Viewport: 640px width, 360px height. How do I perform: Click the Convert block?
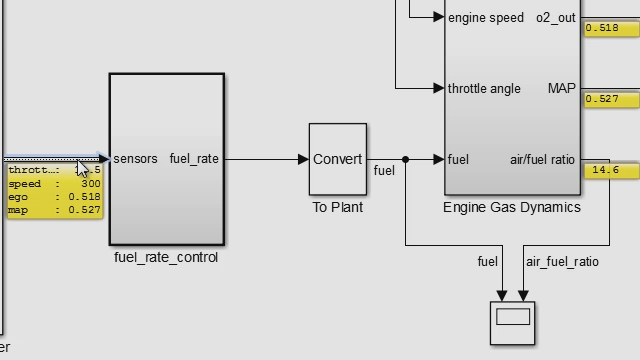coord(337,159)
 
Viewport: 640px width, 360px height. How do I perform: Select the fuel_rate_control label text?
coord(166,257)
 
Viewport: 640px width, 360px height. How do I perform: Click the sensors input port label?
coord(135,159)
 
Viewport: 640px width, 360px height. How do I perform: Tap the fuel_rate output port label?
coord(194,159)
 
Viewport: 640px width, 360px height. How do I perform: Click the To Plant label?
coord(337,208)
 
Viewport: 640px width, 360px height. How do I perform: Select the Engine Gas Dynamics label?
coord(511,208)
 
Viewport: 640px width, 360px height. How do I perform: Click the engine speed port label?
coord(485,18)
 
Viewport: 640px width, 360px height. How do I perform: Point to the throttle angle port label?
coord(484,88)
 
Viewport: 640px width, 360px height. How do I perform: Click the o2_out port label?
coord(556,18)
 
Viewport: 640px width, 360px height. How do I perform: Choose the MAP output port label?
coord(562,88)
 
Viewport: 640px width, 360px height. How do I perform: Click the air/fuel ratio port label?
coord(543,159)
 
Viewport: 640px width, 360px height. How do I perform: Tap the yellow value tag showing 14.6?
coord(606,171)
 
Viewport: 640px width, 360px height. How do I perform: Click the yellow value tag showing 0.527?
coord(602,99)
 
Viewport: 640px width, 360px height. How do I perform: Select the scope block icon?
coord(512,322)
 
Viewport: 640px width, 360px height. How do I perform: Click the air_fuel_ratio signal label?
coord(562,262)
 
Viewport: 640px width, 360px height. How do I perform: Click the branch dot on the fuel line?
coord(405,159)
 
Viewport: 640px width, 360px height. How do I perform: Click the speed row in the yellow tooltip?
coord(55,184)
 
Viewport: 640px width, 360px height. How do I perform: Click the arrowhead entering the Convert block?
coord(303,159)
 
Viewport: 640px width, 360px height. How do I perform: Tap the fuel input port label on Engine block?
coord(458,159)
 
